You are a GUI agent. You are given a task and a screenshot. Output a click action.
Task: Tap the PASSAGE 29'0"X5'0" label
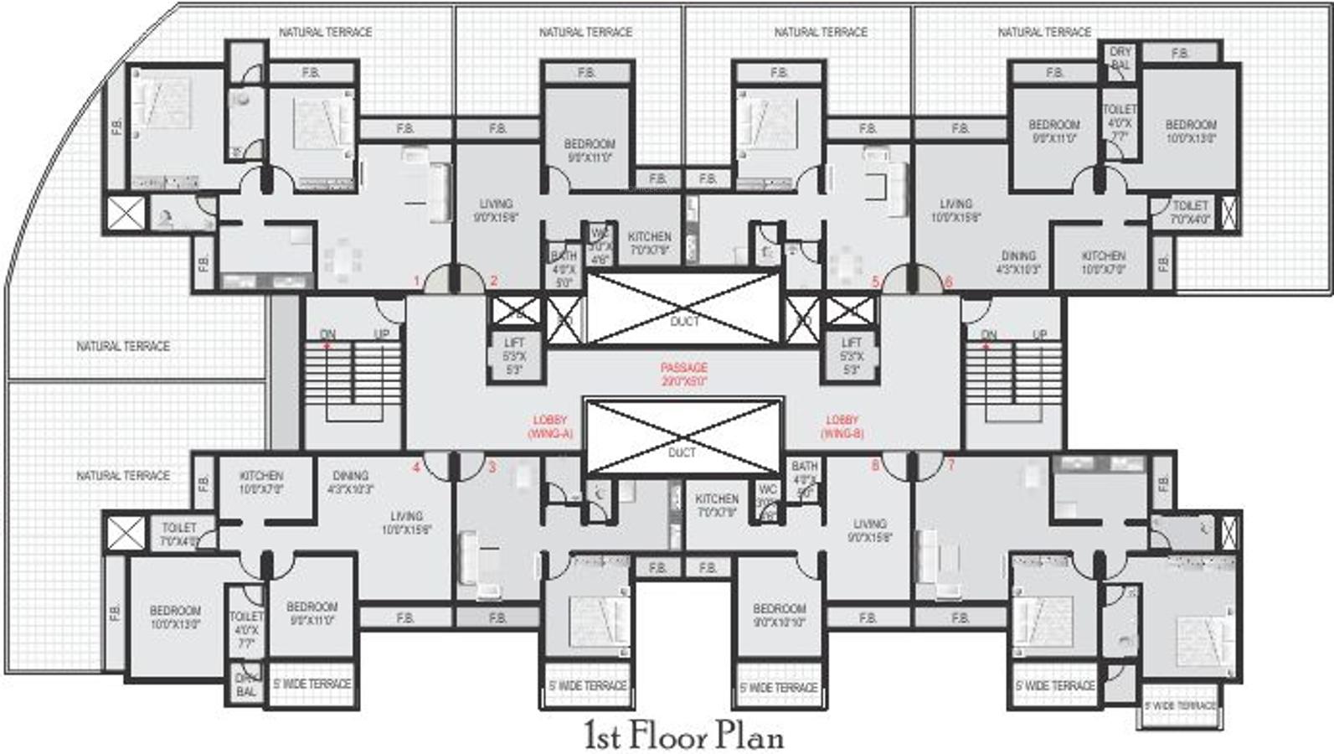(683, 374)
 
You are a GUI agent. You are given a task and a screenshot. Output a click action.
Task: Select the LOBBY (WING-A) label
(549, 426)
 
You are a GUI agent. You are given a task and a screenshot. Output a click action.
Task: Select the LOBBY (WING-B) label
(842, 426)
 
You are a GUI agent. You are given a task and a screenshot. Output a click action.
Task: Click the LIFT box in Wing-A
(514, 356)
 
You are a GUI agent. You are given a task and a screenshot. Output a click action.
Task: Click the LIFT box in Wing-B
(851, 356)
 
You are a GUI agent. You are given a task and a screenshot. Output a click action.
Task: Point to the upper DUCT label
(683, 322)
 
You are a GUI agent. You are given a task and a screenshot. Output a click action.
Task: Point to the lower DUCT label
(682, 452)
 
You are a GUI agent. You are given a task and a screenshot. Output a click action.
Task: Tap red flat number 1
(415, 281)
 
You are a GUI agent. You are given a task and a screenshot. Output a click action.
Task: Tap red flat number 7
(950, 465)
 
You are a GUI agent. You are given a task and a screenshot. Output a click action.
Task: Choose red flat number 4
(415, 467)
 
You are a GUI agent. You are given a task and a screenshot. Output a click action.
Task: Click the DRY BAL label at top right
(1120, 58)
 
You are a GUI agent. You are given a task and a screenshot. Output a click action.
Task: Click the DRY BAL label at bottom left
(246, 684)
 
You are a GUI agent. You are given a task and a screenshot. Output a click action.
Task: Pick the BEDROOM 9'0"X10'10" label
(779, 615)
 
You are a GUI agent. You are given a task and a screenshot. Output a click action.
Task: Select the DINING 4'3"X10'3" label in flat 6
(1018, 262)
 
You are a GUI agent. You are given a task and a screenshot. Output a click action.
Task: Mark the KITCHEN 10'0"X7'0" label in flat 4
(261, 482)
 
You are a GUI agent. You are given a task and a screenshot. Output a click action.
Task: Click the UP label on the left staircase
(381, 333)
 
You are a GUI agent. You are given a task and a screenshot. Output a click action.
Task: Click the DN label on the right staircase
(988, 334)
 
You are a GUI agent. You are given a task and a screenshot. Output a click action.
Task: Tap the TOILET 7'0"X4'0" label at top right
(1190, 212)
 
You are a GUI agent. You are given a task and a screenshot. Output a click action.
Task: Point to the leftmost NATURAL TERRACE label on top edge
(325, 32)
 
